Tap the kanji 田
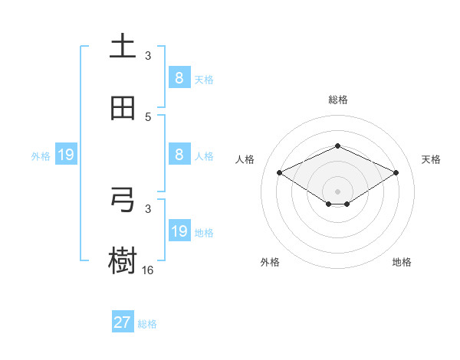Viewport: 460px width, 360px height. pyautogui.click(x=123, y=109)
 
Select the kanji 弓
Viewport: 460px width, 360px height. pyautogui.click(x=123, y=200)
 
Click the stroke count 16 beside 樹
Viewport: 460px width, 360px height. pyautogui.click(x=148, y=270)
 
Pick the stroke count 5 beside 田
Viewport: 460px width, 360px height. pyautogui.click(x=148, y=116)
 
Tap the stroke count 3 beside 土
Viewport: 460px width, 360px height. pyautogui.click(x=148, y=55)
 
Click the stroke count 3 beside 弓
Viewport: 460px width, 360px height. pyautogui.click(x=148, y=208)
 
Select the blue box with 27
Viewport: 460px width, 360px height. pyautogui.click(x=123, y=322)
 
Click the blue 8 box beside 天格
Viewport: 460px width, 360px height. pyautogui.click(x=179, y=77)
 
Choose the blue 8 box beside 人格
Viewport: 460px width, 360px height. pyautogui.click(x=179, y=155)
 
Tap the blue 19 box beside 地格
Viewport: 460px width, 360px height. pyautogui.click(x=179, y=231)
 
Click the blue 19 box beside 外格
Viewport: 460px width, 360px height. pyautogui.click(x=66, y=155)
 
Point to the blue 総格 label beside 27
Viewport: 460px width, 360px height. pyautogui.click(x=147, y=323)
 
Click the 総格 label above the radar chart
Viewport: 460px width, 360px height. pyautogui.click(x=337, y=100)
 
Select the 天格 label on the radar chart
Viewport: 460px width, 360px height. pyautogui.click(x=431, y=159)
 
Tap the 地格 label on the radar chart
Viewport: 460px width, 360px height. pyautogui.click(x=402, y=262)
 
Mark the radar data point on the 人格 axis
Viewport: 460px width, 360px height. pyautogui.click(x=279, y=173)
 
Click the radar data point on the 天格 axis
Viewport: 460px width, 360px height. pyautogui.click(x=396, y=173)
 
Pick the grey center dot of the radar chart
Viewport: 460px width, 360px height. pyautogui.click(x=337, y=191)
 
